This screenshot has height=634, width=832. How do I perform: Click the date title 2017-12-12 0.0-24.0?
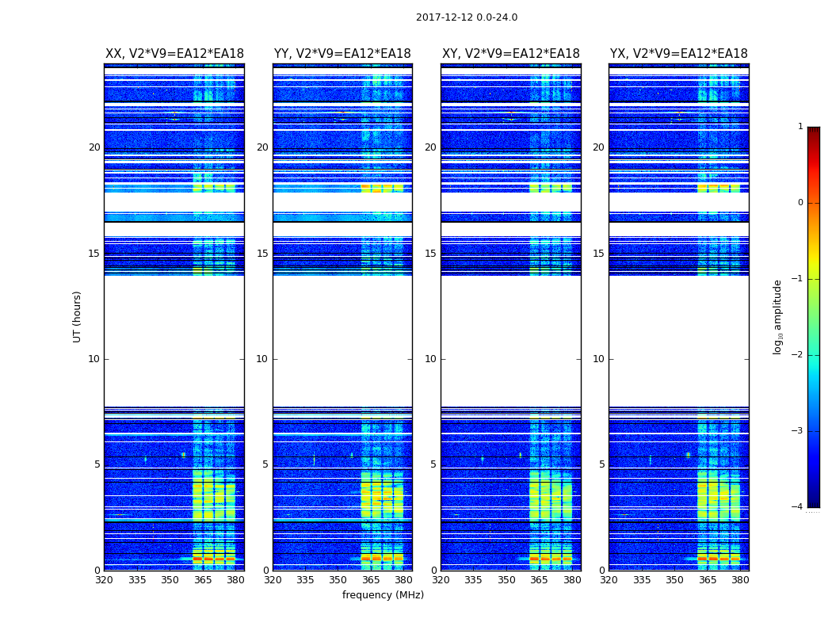click(467, 17)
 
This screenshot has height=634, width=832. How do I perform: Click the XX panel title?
click(174, 54)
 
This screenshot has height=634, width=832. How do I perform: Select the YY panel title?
click(342, 54)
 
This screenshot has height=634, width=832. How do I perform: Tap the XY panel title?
click(511, 54)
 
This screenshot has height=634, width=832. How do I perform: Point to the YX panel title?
click(678, 54)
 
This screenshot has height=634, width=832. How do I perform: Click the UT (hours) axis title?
click(77, 316)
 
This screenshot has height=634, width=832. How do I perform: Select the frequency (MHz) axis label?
click(383, 595)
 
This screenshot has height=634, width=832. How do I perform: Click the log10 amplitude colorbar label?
click(778, 316)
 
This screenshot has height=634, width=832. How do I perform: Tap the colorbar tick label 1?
click(800, 127)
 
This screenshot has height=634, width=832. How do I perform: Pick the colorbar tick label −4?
click(798, 507)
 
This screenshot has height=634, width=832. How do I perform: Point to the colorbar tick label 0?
click(800, 203)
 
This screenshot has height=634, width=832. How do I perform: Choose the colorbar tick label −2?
click(798, 355)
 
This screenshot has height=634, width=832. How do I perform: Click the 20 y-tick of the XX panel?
click(94, 147)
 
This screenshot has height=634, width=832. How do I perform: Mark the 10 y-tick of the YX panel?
click(599, 359)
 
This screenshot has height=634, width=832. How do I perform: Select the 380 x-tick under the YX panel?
click(740, 580)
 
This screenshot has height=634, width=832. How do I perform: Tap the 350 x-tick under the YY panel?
click(338, 580)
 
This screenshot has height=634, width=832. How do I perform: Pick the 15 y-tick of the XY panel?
click(430, 254)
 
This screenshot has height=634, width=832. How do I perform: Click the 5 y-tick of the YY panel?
click(265, 464)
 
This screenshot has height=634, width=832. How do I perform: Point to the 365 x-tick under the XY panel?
click(539, 580)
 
